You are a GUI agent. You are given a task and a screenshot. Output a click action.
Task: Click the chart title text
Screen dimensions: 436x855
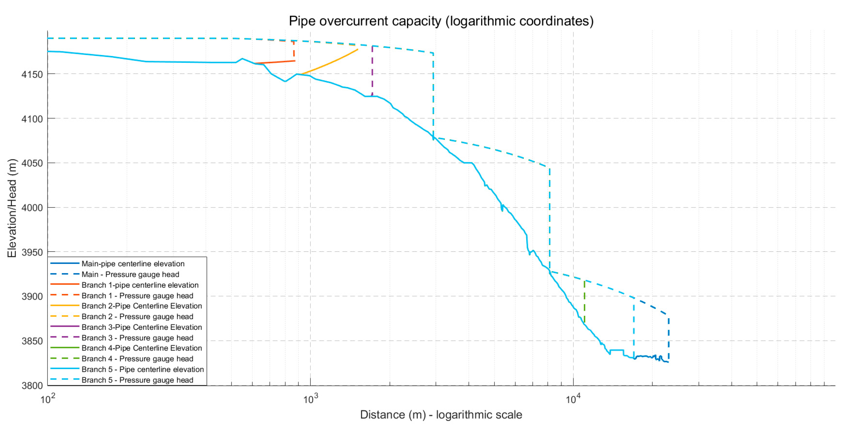click(441, 21)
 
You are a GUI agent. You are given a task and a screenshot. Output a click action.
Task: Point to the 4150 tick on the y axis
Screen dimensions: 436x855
click(32, 74)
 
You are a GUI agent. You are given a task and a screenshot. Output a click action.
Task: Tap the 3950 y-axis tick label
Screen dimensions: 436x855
click(32, 252)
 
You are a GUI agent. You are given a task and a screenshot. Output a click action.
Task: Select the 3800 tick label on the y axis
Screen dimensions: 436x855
click(32, 386)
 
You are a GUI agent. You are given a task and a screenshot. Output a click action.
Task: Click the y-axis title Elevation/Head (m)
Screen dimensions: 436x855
click(12, 208)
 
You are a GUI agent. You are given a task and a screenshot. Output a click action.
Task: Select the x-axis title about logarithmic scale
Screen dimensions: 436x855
click(441, 415)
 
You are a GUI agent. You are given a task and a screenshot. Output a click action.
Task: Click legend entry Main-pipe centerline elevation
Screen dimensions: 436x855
click(133, 264)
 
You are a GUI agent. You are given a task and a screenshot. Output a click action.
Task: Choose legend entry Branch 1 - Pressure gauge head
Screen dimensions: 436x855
click(137, 296)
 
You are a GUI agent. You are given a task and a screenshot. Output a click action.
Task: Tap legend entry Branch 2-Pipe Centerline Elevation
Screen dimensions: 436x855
click(142, 306)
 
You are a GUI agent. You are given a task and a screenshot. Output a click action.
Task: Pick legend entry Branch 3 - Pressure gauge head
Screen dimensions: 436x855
click(137, 338)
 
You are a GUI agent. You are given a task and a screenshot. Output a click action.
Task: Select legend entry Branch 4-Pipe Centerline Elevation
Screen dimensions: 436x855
click(142, 348)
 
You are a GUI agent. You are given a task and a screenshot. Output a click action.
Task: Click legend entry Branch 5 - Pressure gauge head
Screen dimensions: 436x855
click(137, 380)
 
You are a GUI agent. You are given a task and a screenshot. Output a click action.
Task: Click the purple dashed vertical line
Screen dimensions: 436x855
click(372, 70)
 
